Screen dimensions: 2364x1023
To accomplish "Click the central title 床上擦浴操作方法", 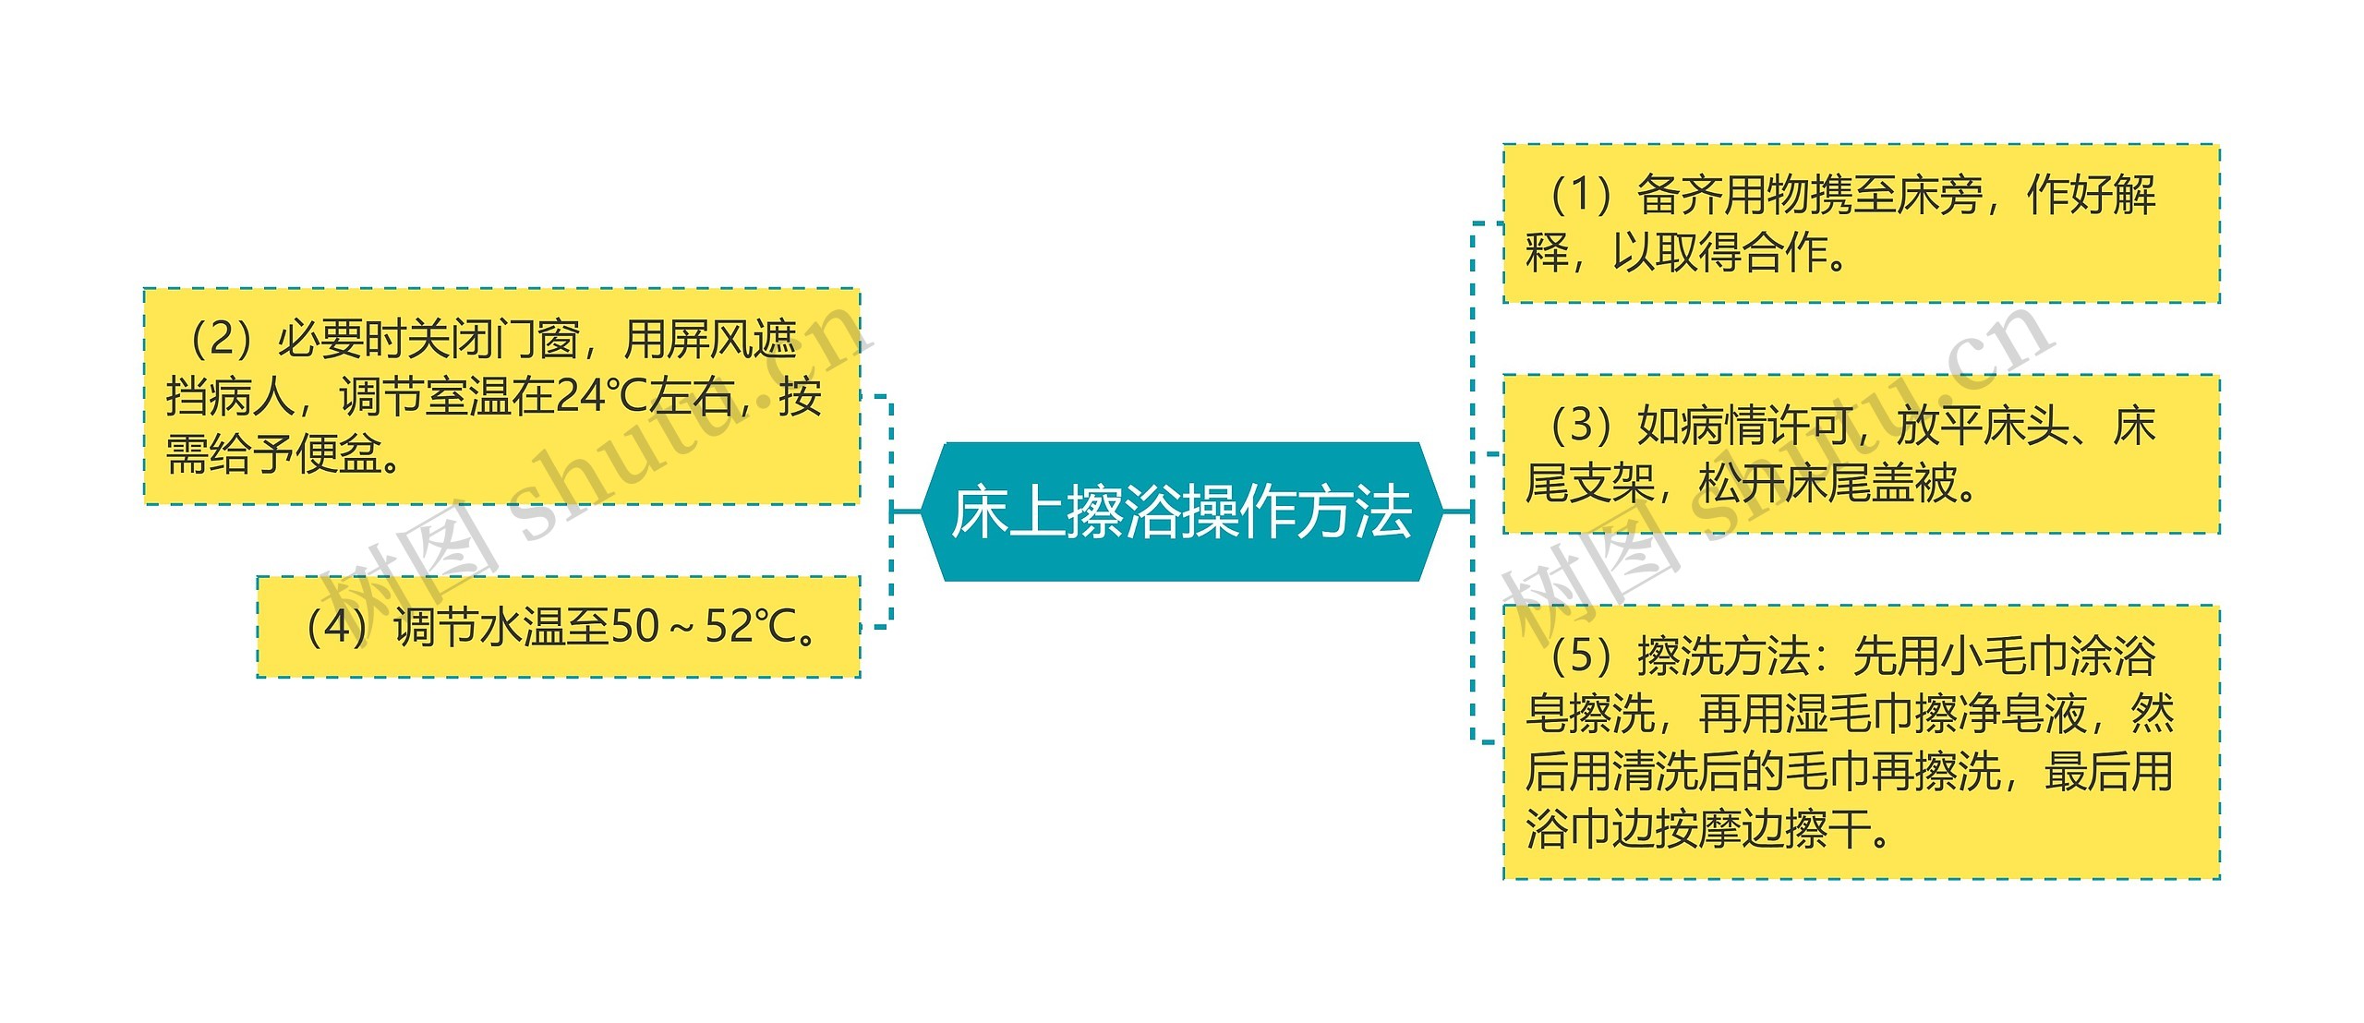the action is (x=1181, y=512).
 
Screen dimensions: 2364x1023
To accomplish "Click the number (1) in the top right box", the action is (x=1581, y=195).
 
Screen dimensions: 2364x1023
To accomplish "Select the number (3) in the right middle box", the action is (x=1581, y=426).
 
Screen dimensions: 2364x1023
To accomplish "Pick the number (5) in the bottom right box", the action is (x=1581, y=656).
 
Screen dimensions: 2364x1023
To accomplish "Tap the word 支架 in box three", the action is (x=1612, y=483).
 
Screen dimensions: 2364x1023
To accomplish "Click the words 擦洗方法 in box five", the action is (x=1723, y=656).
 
